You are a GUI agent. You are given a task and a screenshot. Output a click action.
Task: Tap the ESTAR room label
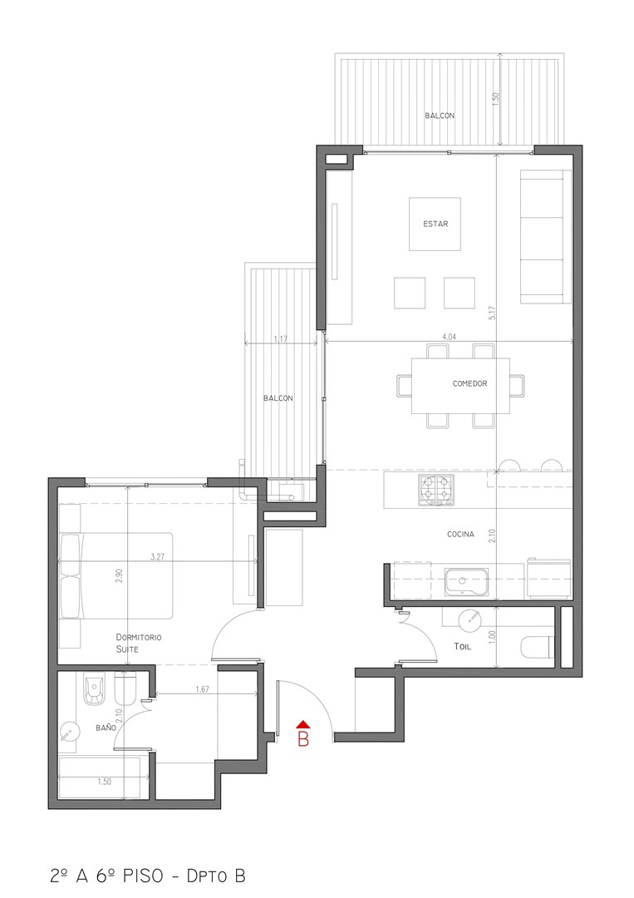(x=435, y=224)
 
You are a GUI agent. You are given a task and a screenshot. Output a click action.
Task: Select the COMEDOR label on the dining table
(x=469, y=383)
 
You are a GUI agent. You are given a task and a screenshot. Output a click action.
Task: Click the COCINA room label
(x=460, y=535)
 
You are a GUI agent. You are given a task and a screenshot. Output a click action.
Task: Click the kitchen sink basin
(x=467, y=582)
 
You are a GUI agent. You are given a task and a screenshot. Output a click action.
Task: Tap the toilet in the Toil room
(x=538, y=647)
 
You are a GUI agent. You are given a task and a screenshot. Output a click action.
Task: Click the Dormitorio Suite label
(x=139, y=643)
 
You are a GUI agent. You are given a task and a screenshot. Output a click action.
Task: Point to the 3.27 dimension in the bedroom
(x=157, y=556)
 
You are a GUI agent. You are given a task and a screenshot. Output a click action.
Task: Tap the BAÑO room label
(x=106, y=728)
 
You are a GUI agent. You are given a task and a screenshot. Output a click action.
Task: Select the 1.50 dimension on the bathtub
(x=104, y=782)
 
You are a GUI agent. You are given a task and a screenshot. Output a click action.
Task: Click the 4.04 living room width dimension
(x=450, y=338)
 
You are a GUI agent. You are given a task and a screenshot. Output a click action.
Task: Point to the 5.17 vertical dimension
(x=494, y=312)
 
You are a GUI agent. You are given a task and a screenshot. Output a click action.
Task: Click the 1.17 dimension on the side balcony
(x=280, y=339)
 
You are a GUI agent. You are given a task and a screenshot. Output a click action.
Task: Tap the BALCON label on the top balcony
(x=440, y=116)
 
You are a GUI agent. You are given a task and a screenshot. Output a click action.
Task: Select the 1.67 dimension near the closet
(x=202, y=689)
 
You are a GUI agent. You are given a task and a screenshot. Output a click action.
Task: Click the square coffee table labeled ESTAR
(x=435, y=224)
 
